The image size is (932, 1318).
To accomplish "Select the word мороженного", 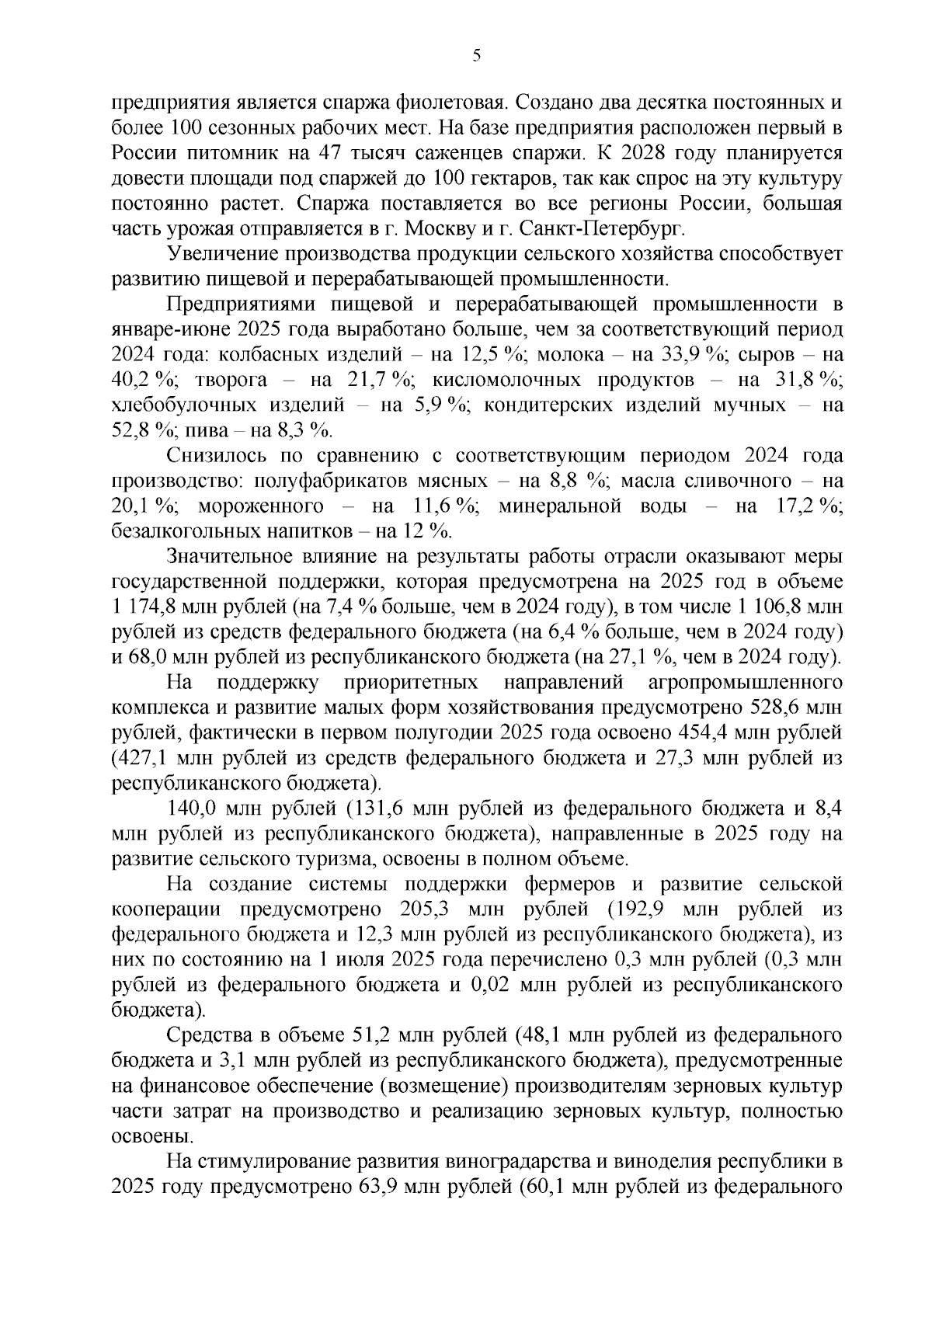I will pyautogui.click(x=261, y=507).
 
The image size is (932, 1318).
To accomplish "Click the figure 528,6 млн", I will pyautogui.click(x=793, y=708).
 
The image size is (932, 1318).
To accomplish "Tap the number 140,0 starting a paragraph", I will pyautogui.click(x=190, y=809).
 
